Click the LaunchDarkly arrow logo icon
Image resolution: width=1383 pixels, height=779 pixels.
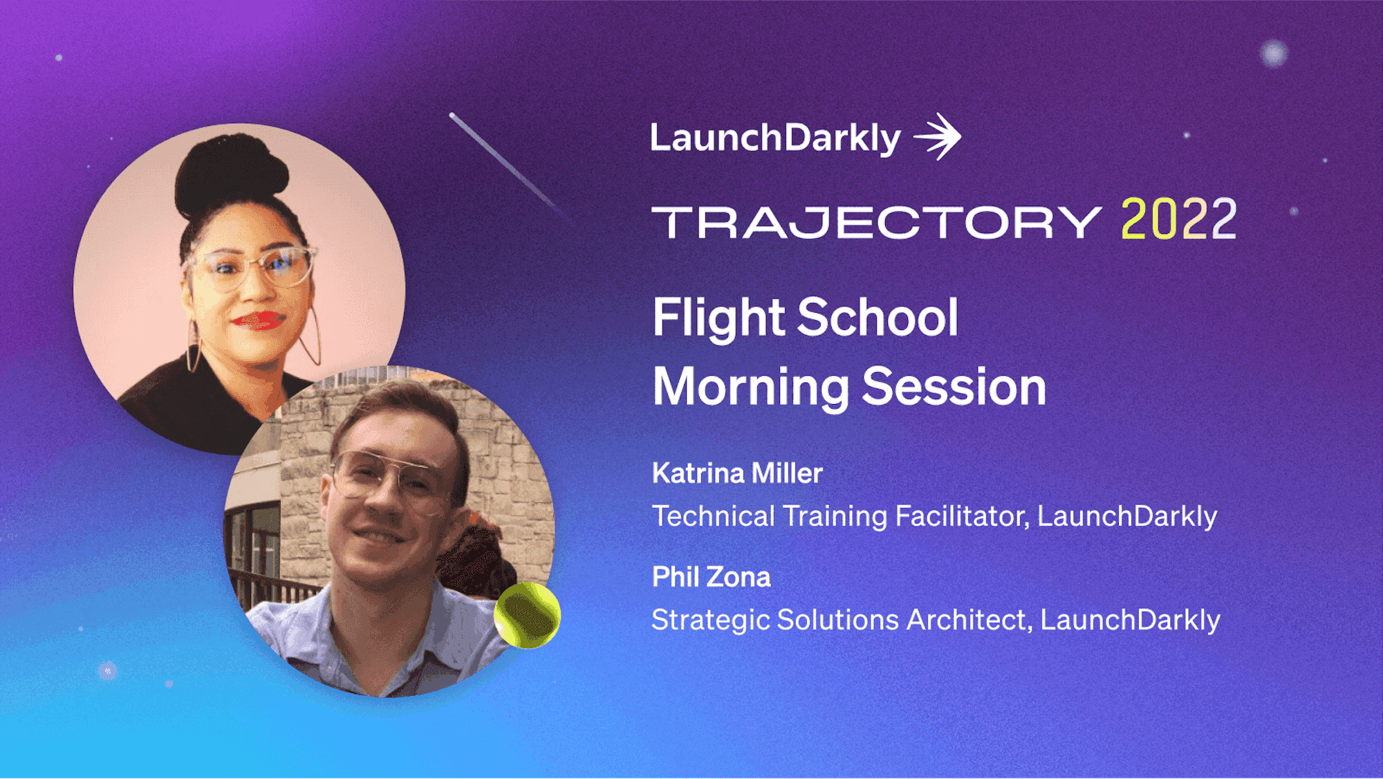(938, 136)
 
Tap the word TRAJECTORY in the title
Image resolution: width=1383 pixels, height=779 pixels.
(877, 222)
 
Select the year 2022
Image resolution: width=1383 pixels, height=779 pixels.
(1178, 219)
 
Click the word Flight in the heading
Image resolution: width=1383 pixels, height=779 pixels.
(719, 318)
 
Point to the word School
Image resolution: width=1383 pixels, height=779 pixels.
(878, 318)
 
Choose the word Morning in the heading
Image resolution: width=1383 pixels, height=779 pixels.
(751, 387)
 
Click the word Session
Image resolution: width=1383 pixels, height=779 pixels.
(954, 387)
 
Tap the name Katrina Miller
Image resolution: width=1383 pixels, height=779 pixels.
(737, 473)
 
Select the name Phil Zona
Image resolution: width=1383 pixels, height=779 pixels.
(711, 577)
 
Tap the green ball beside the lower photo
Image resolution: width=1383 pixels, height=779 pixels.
(527, 615)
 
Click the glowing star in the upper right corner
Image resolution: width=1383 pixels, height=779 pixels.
(1273, 53)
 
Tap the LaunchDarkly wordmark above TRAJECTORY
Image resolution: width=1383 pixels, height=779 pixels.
(775, 138)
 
